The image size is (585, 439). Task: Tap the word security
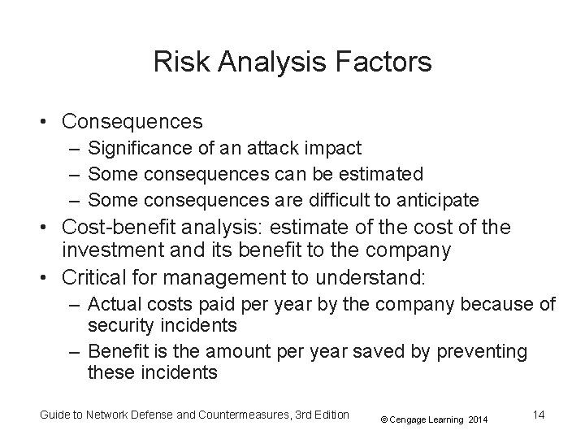pyautogui.click(x=119, y=325)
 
